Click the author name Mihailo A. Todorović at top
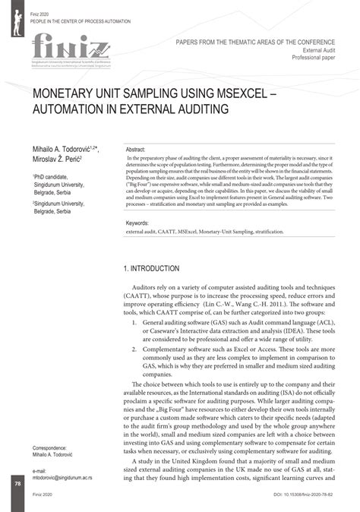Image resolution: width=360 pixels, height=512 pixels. tap(62, 151)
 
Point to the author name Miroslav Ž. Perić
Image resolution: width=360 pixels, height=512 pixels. tap(58, 161)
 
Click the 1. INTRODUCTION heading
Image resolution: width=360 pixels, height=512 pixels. tap(151, 269)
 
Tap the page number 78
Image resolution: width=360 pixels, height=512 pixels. tap(17, 484)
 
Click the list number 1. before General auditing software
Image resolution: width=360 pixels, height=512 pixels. tap(134, 322)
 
